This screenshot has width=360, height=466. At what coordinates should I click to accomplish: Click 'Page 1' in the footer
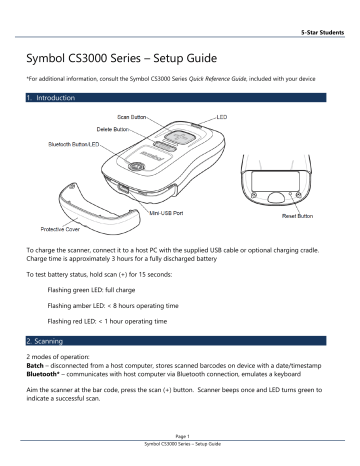click(179, 452)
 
